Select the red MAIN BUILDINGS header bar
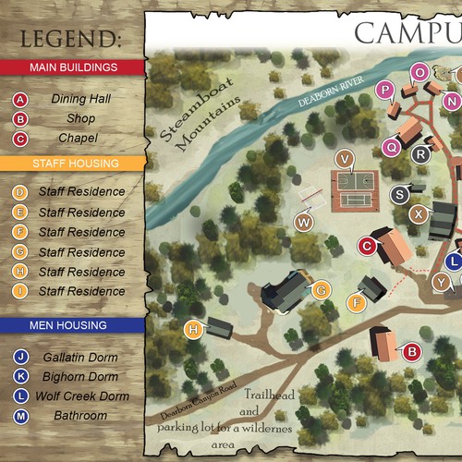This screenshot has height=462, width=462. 72,67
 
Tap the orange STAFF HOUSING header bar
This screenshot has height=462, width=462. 72,164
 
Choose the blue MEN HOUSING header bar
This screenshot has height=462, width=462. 72,325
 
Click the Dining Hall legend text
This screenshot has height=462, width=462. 81,99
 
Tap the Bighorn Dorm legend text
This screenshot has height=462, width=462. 80,377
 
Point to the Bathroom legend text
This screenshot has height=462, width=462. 80,416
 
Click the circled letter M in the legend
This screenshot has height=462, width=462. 21,417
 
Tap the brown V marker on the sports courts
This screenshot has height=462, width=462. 346,158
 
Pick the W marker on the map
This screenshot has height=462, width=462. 304,222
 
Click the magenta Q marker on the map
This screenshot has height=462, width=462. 391,145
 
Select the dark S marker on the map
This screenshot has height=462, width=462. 399,194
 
